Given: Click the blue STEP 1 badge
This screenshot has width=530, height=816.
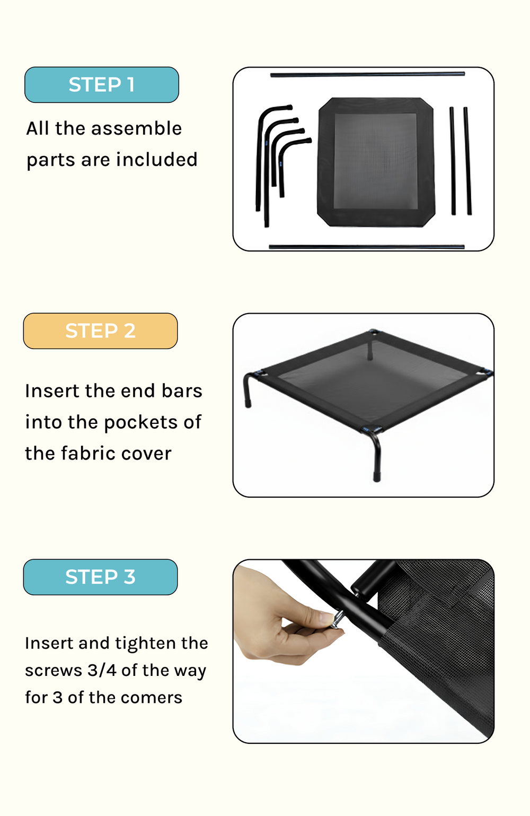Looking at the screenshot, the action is (x=102, y=84).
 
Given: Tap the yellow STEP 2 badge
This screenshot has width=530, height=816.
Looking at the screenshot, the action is (x=101, y=331).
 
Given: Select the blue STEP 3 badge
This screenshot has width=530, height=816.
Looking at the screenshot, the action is (x=101, y=577).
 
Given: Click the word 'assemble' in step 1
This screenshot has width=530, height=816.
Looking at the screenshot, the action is (x=136, y=128).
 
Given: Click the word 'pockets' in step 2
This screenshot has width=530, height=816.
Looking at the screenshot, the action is (x=140, y=422).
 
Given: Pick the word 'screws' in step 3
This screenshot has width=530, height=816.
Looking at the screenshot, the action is (x=54, y=671).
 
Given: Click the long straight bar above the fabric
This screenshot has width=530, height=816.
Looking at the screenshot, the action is (x=367, y=75).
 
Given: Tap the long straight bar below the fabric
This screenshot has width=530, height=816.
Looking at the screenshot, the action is (x=367, y=247).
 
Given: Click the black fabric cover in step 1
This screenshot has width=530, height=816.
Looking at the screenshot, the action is (x=376, y=162).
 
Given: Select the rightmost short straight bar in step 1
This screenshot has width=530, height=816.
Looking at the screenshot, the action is (x=468, y=161).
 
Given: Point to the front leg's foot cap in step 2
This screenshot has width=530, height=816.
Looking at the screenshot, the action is (x=377, y=477).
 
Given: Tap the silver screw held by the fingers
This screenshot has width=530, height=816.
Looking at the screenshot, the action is (x=337, y=620).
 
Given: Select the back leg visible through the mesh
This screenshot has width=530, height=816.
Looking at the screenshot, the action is (x=370, y=350).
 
